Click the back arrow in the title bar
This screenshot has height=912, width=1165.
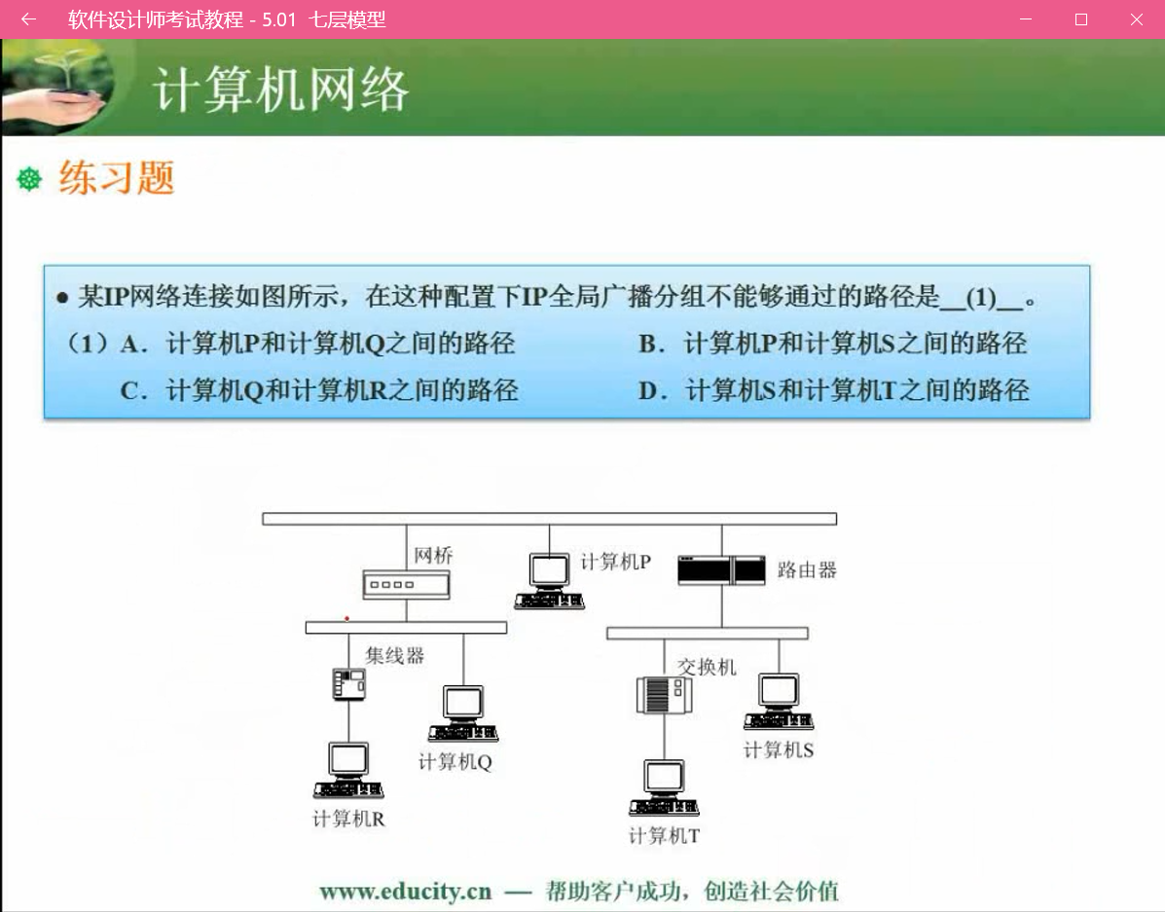[x=28, y=19]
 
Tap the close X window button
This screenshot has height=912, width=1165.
[x=1136, y=19]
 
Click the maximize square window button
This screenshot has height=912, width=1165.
[x=1080, y=19]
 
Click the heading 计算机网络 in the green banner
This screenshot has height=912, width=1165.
[x=280, y=91]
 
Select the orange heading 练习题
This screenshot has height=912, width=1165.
[x=117, y=178]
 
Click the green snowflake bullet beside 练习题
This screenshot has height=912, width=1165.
[x=30, y=179]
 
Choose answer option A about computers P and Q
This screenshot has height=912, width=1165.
[x=318, y=344]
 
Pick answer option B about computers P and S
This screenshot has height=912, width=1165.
[x=833, y=344]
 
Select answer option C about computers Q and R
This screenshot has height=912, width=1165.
[x=319, y=391]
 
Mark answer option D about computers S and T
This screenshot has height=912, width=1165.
[x=834, y=391]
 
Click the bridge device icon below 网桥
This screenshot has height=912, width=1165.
[x=406, y=585]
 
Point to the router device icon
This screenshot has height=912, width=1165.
[x=721, y=568]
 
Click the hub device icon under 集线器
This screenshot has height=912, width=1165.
[x=348, y=684]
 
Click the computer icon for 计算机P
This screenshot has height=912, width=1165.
[x=550, y=580]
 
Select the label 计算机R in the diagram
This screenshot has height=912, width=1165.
[x=348, y=819]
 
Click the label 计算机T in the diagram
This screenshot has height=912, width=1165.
[x=664, y=835]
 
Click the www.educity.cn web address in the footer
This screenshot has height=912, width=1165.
[x=405, y=891]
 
